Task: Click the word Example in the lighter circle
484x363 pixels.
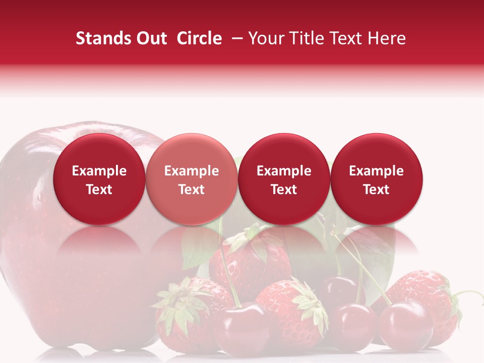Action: click(192, 171)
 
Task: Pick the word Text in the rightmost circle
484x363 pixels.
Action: click(376, 190)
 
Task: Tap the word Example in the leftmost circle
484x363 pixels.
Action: click(99, 171)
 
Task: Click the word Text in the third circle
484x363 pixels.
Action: click(284, 190)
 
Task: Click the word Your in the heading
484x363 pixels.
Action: click(263, 38)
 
